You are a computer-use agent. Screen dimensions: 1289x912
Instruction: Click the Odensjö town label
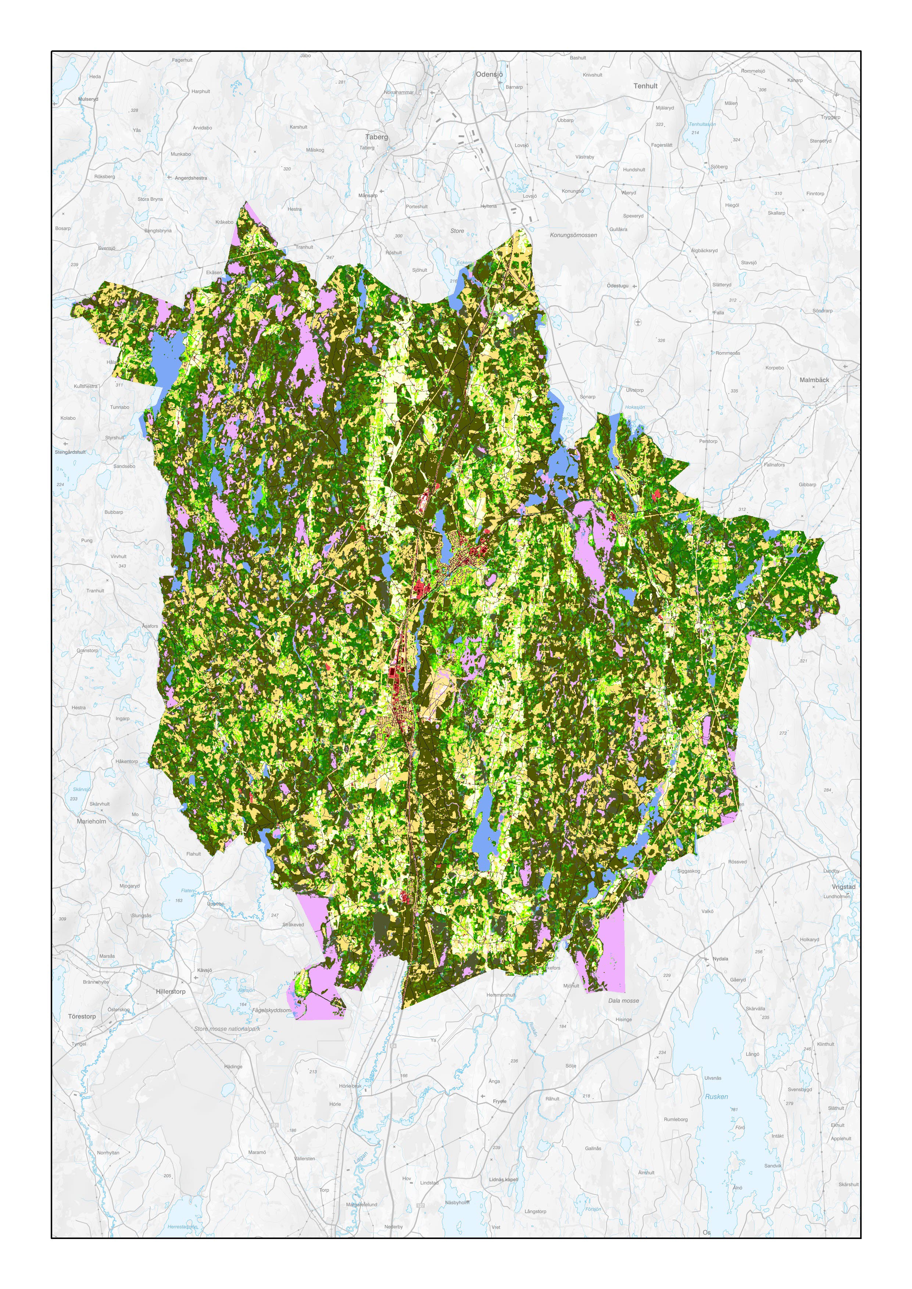click(489, 74)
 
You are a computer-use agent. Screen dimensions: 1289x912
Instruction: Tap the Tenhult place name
click(645, 86)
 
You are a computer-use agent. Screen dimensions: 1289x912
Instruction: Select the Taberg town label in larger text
click(376, 137)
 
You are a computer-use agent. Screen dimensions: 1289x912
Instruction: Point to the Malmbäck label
click(814, 380)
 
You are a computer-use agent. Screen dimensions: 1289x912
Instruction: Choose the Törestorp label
click(82, 1017)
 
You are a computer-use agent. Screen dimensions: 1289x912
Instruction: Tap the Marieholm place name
click(91, 821)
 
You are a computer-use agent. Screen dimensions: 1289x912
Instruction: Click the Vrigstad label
click(844, 887)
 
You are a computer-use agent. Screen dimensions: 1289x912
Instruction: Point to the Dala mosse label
click(623, 1001)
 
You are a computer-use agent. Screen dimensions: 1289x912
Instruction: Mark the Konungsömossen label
click(573, 235)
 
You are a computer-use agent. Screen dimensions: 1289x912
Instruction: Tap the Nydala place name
click(720, 959)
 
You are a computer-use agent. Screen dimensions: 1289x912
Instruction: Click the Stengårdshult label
click(70, 452)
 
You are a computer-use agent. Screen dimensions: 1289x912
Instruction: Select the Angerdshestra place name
click(190, 178)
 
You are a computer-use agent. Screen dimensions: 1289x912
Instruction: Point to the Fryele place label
click(499, 1101)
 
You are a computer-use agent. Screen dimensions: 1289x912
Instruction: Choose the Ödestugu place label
click(617, 286)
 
